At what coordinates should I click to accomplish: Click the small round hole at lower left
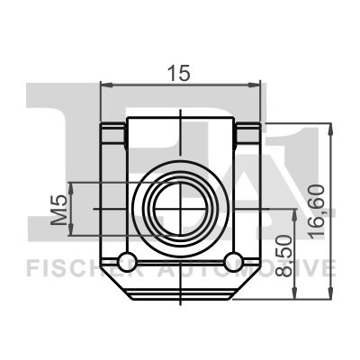tap(129, 262)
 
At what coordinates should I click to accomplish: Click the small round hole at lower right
tap(234, 262)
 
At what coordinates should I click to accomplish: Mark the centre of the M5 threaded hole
tap(182, 209)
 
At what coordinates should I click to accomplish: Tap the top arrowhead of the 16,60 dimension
tap(334, 128)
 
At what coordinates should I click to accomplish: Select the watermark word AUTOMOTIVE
tap(261, 268)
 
